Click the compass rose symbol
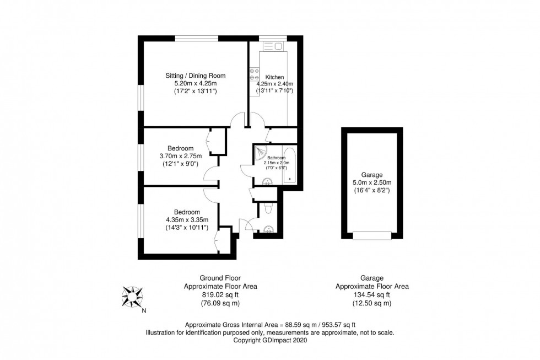pos(132,298)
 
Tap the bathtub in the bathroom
pos(290,166)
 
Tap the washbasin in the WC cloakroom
pos(268,229)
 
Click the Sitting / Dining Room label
pos(196,76)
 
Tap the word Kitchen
pos(274,77)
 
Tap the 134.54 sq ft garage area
pos(372,295)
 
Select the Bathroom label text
pos(274,158)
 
